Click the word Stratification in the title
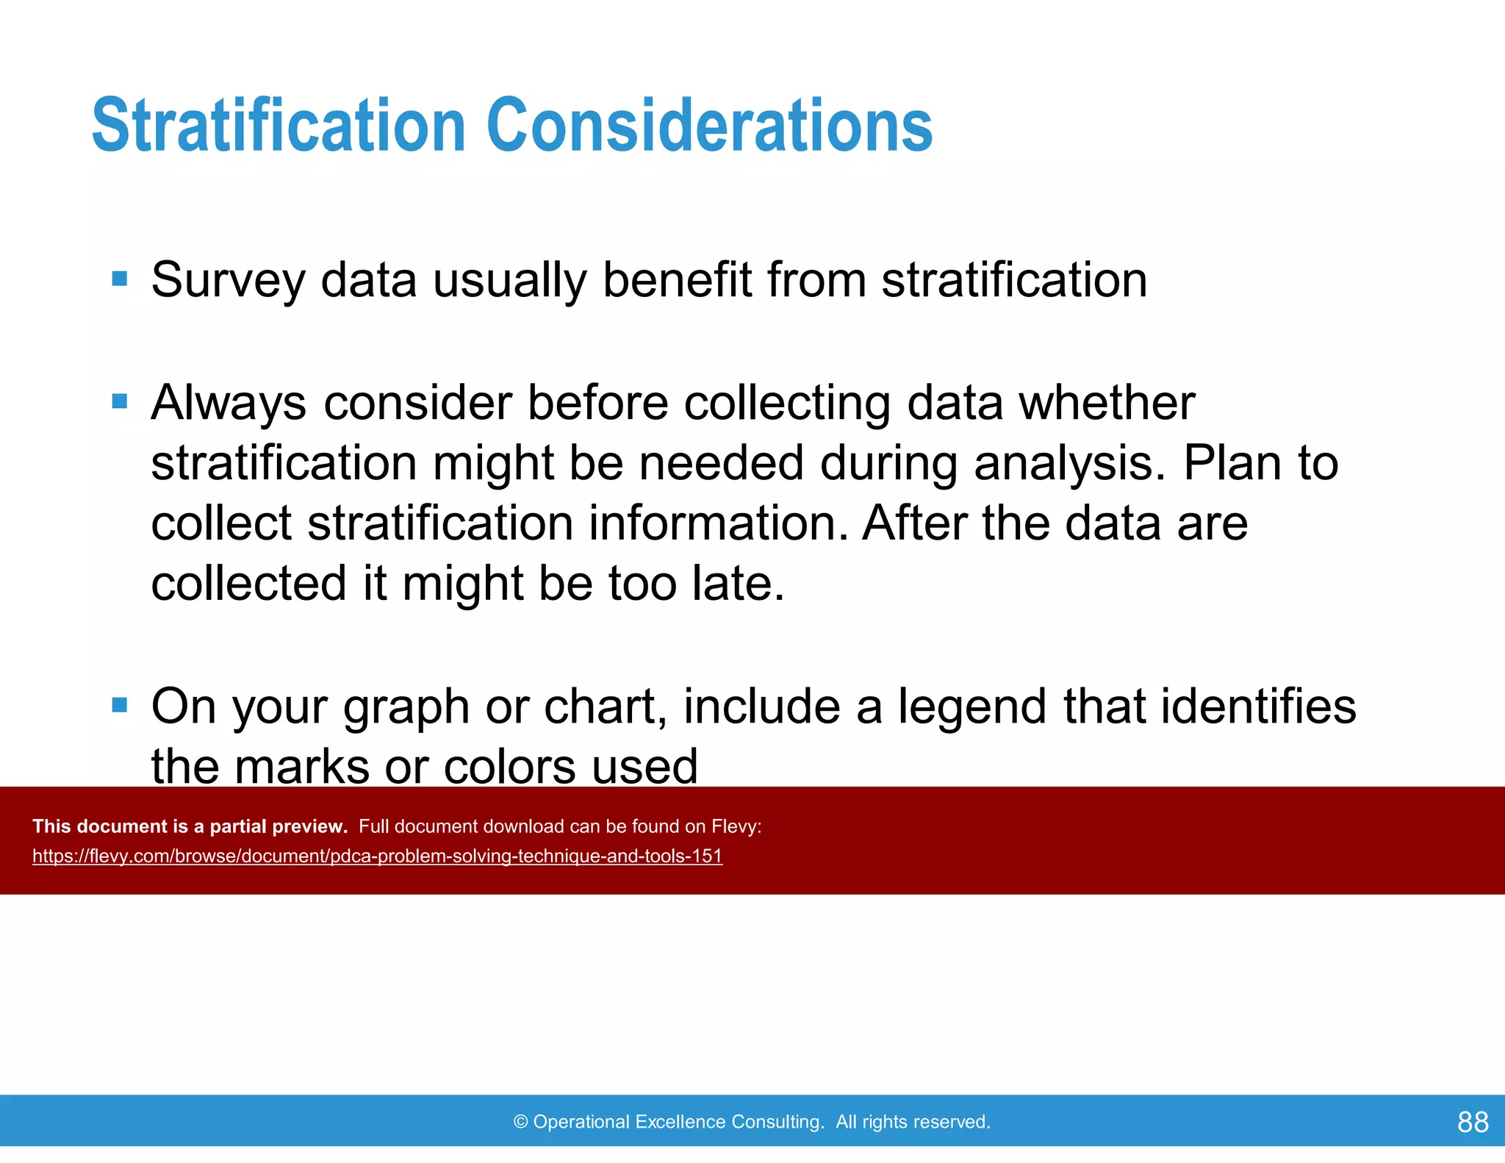point(278,126)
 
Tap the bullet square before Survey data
point(120,279)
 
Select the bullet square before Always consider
point(120,401)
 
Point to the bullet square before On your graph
point(120,706)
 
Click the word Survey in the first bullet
point(228,280)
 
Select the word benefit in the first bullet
point(677,280)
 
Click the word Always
point(228,403)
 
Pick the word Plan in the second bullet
point(1232,463)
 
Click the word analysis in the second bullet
point(1069,465)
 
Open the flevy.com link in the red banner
point(377,856)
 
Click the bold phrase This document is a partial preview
point(190,826)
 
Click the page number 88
point(1473,1122)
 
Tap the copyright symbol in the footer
point(521,1122)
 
